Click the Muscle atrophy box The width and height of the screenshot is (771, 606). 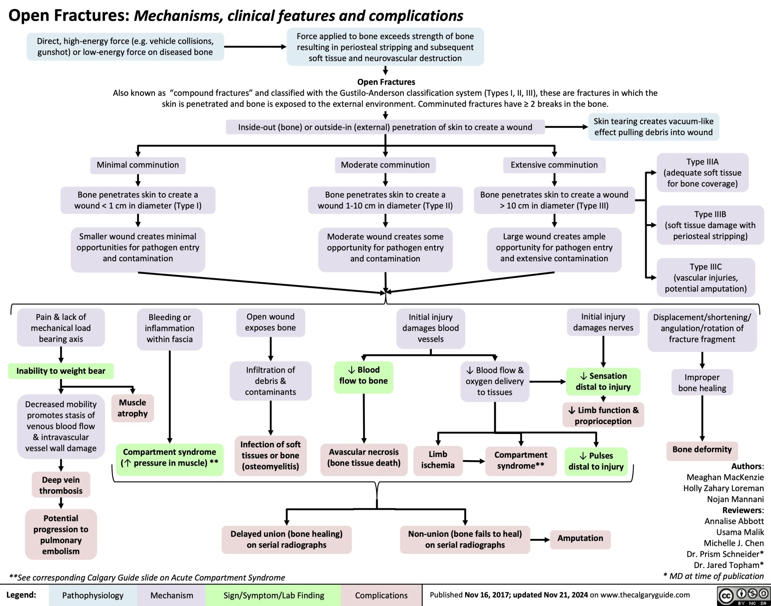pos(133,408)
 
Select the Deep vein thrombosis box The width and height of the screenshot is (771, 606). pos(61,485)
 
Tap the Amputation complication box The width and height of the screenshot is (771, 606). pos(580,539)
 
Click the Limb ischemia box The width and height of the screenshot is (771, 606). pos(438,460)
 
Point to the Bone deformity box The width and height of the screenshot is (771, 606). pos(702,450)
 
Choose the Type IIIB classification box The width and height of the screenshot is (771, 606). pos(710,225)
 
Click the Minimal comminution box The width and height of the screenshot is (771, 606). pos(138,165)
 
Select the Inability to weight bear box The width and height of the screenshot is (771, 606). pos(61,371)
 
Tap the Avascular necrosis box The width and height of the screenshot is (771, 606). pos(364,458)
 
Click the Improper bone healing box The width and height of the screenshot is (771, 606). pos(702,382)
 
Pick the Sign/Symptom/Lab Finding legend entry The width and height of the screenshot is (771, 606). pos(273,595)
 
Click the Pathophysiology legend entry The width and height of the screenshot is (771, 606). pos(93,595)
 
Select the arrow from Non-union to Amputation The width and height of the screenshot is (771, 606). pos(540,540)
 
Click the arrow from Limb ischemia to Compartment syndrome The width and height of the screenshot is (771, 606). pos(474,461)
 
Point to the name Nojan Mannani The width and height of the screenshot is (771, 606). pos(735,499)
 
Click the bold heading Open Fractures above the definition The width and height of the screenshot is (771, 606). pos(386,82)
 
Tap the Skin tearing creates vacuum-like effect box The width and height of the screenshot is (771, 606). pos(653,127)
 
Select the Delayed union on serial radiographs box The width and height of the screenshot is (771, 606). pos(286,539)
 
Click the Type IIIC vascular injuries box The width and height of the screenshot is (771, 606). pos(705,278)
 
